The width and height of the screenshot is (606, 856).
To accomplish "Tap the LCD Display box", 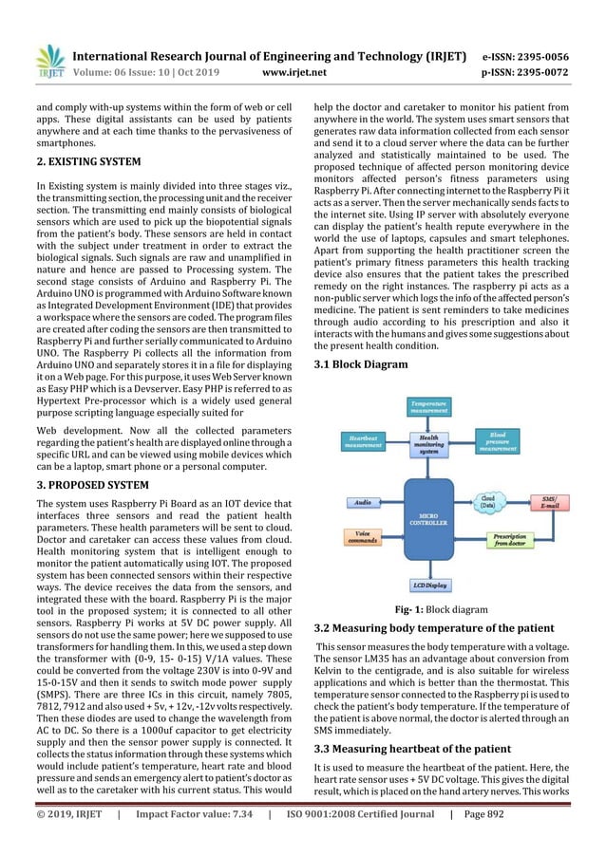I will tap(429, 586).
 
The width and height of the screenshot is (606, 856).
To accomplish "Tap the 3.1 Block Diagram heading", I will tap(360, 364).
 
